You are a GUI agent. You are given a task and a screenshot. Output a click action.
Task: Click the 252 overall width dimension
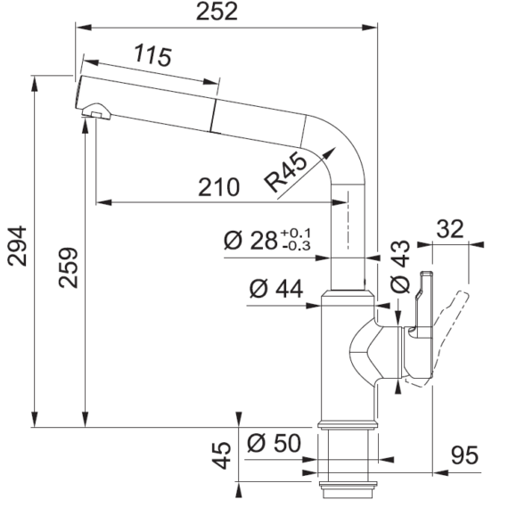coord(217,12)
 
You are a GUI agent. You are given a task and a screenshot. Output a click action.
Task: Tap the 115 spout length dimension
coord(152,56)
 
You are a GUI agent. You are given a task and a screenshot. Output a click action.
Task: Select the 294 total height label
coord(17,246)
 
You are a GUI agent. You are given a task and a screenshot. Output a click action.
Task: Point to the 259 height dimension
coord(69,267)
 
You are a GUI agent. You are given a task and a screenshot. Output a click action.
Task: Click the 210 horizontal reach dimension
coord(218,187)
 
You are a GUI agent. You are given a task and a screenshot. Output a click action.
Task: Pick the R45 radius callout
coord(285,173)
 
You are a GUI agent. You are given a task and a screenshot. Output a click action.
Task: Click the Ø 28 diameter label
coord(250,241)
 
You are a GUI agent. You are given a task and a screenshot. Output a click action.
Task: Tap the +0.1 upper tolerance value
coord(296,233)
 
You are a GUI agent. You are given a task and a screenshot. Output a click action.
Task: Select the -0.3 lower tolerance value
coord(297,246)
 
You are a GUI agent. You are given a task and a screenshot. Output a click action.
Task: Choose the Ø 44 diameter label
coord(276,289)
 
